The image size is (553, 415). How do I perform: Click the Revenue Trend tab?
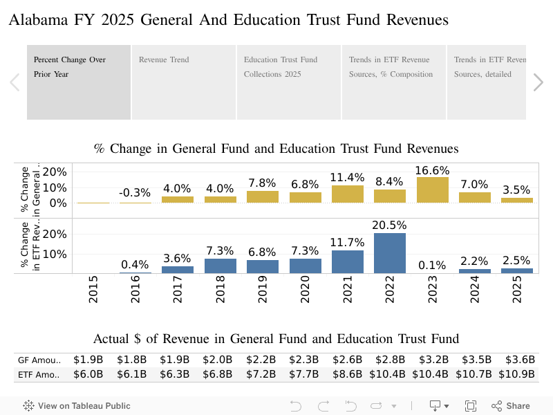183,82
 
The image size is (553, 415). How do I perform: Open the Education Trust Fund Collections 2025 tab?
288,82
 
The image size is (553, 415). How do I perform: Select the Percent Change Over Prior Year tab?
79,82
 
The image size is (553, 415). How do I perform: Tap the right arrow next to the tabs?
538,82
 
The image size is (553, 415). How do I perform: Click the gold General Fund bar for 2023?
432,190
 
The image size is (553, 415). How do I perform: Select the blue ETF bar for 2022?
390,253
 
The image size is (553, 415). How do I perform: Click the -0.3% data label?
135,193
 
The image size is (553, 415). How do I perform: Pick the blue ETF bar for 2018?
221,266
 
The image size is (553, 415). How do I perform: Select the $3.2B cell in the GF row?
433,360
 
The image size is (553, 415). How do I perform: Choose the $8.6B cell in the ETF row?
348,374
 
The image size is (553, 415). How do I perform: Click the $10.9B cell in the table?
518,374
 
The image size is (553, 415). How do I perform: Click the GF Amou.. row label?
39,360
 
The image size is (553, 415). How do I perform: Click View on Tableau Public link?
77,406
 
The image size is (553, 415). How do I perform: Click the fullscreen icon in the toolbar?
471,406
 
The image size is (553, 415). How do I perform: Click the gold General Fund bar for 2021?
348,194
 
